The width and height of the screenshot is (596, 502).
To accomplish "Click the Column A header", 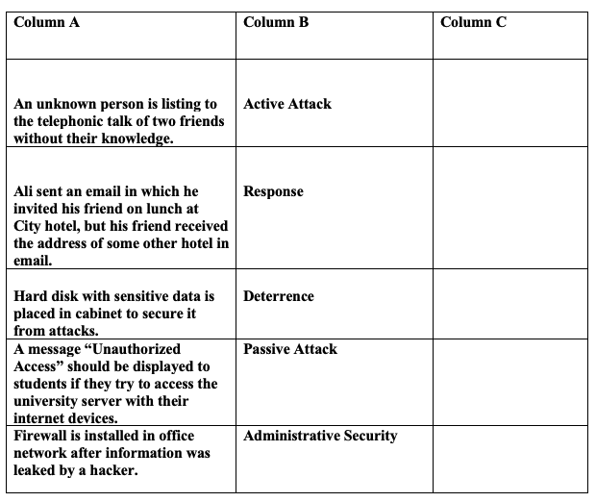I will click(x=47, y=22).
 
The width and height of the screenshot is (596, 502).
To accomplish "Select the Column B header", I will click(x=276, y=22).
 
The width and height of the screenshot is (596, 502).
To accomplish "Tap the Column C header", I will click(x=473, y=22).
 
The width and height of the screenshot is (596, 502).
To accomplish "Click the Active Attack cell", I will click(x=287, y=104).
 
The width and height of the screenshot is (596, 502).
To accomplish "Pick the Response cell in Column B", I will click(x=273, y=191).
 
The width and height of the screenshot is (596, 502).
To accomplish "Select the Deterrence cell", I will click(x=279, y=296).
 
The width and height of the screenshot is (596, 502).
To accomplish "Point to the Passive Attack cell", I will click(x=290, y=349).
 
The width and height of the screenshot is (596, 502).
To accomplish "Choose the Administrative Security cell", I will click(x=320, y=436).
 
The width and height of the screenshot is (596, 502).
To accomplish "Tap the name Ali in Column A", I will click(x=24, y=191).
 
